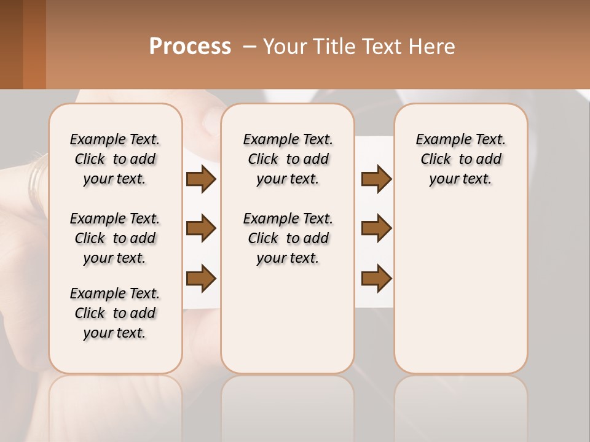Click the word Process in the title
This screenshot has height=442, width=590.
coord(190,47)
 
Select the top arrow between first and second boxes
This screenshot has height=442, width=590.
coord(201,179)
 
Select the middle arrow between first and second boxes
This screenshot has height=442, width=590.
coord(201,228)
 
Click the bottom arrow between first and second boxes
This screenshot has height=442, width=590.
coord(201,278)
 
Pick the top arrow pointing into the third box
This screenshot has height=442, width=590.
coord(376,179)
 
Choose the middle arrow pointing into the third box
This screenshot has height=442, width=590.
coord(376,228)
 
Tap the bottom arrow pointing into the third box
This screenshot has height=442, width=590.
coord(376,278)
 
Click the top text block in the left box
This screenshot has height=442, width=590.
coord(115,159)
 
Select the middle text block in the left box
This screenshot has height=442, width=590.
coord(115,238)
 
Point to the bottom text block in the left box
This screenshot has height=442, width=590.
coord(115,313)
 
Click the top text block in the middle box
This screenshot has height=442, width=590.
coord(288,159)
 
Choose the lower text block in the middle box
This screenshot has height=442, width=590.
coord(288,238)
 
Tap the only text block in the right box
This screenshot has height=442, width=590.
coord(461,159)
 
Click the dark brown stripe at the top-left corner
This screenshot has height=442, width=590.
coord(11,44)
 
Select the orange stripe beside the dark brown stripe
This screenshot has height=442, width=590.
coord(34,44)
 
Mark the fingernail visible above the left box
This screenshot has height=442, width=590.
coord(211,121)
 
